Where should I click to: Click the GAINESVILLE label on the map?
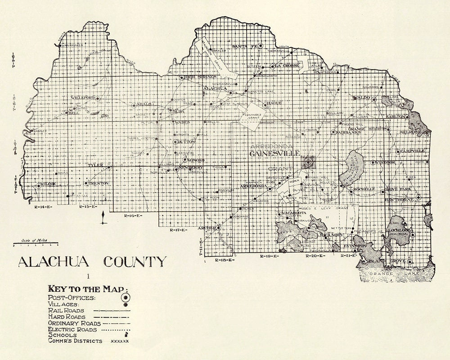pos(275,154)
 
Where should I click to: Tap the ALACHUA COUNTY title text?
pos(92,261)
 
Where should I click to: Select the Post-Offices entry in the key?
pos(72,297)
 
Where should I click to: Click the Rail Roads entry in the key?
pos(66,310)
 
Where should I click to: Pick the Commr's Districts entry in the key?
pos(75,341)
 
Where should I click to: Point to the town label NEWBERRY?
pos(192,167)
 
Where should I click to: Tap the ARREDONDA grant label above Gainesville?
pos(271,146)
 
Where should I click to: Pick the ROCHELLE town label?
pos(364,189)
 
